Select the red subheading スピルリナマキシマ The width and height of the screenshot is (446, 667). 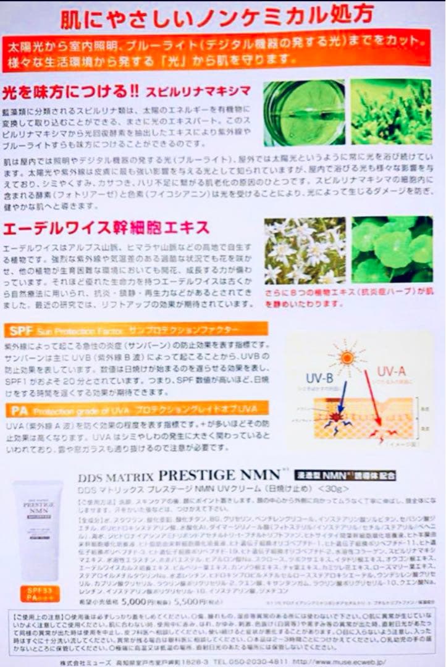(198, 92)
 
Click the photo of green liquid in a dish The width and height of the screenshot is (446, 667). (303, 112)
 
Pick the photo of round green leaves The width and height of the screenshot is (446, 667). (392, 249)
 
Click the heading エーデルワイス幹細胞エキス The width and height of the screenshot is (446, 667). (106, 228)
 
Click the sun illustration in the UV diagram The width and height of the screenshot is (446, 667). (347, 357)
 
